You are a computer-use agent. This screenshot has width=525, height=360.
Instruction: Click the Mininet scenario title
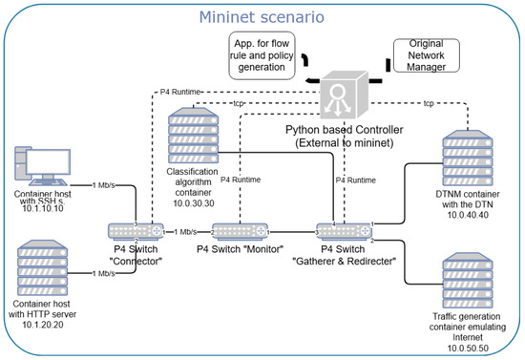coord(262,17)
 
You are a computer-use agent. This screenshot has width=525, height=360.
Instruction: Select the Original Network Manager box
coord(427,55)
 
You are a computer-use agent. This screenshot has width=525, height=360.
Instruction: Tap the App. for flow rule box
coord(262,55)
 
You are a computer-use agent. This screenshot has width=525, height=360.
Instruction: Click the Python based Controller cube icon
coord(345,95)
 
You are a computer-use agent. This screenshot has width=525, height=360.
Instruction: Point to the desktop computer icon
coord(43,166)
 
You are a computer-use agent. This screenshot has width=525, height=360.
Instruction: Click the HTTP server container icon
coord(43,267)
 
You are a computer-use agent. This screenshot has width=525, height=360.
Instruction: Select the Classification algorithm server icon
coord(193,136)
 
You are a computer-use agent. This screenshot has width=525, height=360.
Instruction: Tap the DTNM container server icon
coord(468,159)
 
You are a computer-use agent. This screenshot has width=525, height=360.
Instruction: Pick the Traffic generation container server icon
coord(468,281)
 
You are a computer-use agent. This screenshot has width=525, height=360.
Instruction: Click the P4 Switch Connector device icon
coord(136,232)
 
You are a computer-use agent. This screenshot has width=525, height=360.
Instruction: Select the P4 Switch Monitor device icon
coord(240,232)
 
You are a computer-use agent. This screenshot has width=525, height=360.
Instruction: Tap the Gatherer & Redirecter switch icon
coord(345,232)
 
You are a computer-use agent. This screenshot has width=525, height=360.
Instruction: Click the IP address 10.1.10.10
coord(43,208)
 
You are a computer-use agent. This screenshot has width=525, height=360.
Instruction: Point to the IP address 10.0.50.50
coord(468,349)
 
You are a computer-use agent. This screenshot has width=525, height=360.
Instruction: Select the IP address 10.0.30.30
coord(194,203)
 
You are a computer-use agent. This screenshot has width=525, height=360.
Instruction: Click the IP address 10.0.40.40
coord(468,215)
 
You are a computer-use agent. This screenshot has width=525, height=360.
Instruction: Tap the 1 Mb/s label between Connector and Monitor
coord(185,232)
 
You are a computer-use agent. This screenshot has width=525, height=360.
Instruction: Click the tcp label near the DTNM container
coord(429,103)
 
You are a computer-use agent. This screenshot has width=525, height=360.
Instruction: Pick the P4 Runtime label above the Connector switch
coord(179,92)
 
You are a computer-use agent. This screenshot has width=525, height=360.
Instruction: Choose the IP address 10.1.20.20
coord(43,325)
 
